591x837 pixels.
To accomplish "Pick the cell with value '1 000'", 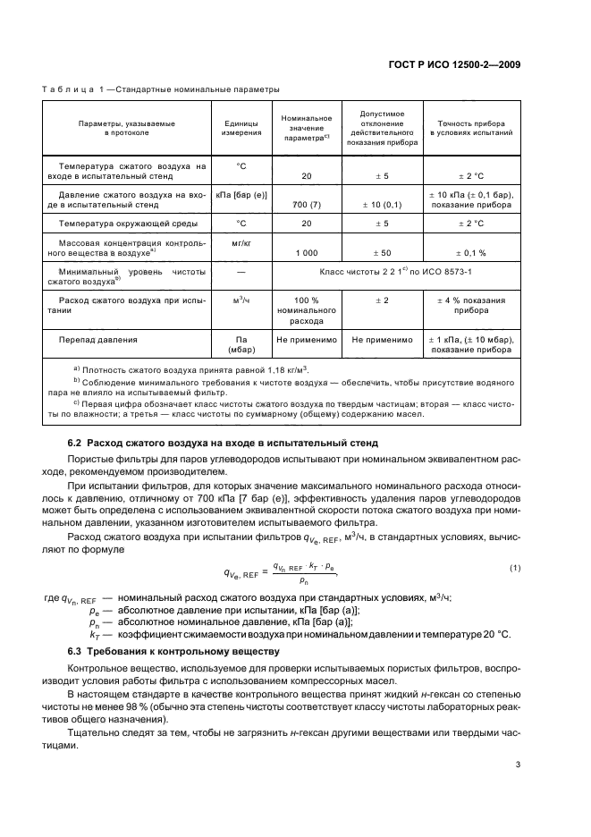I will (307, 252).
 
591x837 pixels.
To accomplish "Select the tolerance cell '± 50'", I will (382, 252).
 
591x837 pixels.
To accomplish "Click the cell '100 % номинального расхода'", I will (307, 309).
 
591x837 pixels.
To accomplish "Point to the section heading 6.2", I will (224, 443).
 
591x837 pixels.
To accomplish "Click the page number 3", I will (518, 764).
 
